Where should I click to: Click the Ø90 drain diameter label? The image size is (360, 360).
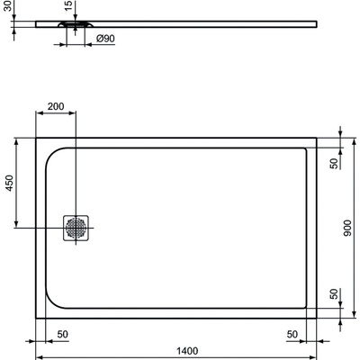(x=105, y=39)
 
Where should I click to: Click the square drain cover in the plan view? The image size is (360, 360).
(x=76, y=229)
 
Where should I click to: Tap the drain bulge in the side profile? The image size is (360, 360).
(x=76, y=25)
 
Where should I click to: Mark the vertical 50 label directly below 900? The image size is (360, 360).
(x=333, y=296)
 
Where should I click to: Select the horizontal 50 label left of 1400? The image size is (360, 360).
(x=62, y=334)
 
